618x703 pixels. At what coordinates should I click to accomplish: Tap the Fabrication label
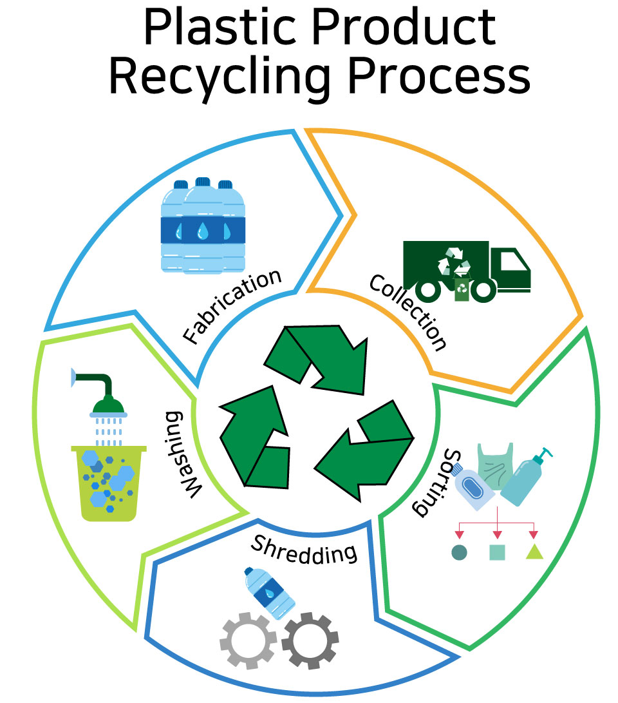(232, 307)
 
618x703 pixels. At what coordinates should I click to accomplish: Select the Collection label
(408, 311)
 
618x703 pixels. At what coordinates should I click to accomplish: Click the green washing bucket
(109, 484)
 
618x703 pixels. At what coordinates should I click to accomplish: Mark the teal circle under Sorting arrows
(459, 552)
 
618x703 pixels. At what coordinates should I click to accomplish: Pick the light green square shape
(497, 552)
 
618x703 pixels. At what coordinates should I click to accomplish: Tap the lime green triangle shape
(534, 552)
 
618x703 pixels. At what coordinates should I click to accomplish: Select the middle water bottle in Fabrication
(203, 226)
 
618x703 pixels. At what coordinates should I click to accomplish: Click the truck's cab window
(512, 261)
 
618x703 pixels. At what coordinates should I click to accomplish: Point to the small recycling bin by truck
(462, 290)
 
